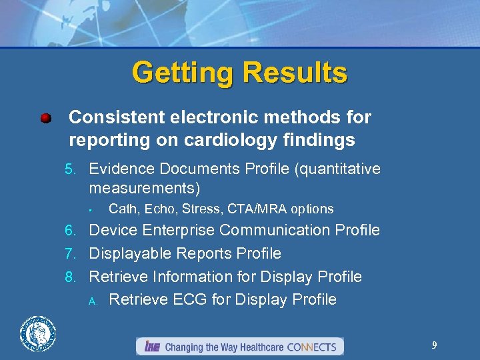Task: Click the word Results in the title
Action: point(294,73)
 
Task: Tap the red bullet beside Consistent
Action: point(45,119)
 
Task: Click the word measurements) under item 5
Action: point(144,188)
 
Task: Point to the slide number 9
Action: point(435,345)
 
